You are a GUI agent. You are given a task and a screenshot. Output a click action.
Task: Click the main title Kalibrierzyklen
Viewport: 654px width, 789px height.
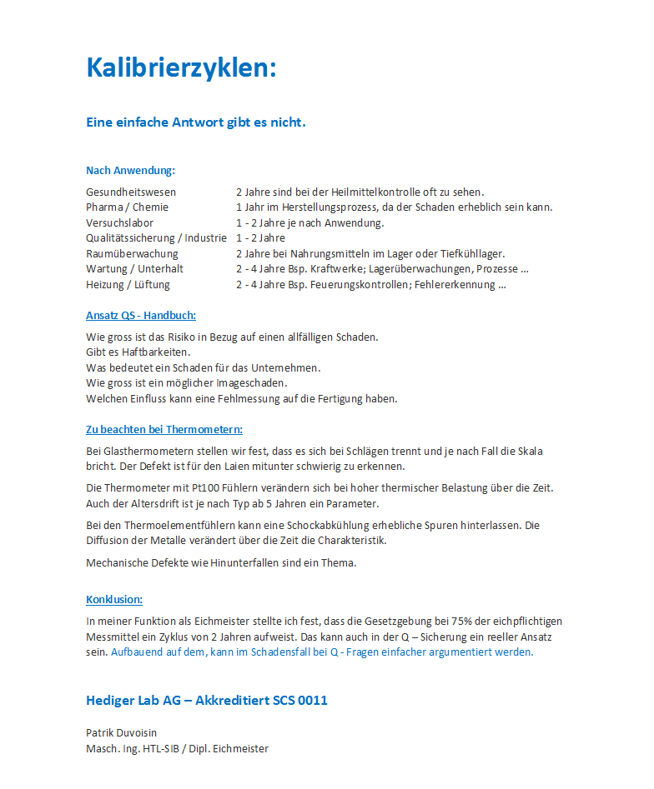[x=181, y=68]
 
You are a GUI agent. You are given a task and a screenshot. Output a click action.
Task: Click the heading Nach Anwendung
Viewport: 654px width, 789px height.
[x=130, y=171]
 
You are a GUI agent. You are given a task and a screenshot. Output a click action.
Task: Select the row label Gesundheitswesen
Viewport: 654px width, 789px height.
[x=130, y=192]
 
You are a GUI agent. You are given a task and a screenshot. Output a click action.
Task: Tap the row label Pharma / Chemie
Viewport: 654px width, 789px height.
[x=127, y=207]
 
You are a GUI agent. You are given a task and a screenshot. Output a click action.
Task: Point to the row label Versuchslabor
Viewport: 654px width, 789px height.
[x=119, y=222]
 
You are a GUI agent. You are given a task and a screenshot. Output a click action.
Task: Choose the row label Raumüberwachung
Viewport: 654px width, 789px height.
[x=132, y=253]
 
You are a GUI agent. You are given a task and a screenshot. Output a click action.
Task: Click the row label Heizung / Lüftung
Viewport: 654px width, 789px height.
[x=128, y=284]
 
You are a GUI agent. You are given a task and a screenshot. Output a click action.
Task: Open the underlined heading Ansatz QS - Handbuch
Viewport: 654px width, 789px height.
[x=140, y=316]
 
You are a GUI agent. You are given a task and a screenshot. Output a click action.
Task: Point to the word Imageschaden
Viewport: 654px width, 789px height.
[x=252, y=383]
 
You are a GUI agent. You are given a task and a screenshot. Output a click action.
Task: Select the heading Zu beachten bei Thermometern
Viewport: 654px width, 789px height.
[x=163, y=430]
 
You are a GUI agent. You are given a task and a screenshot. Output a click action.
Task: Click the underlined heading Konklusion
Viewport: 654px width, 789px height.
[x=113, y=600]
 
